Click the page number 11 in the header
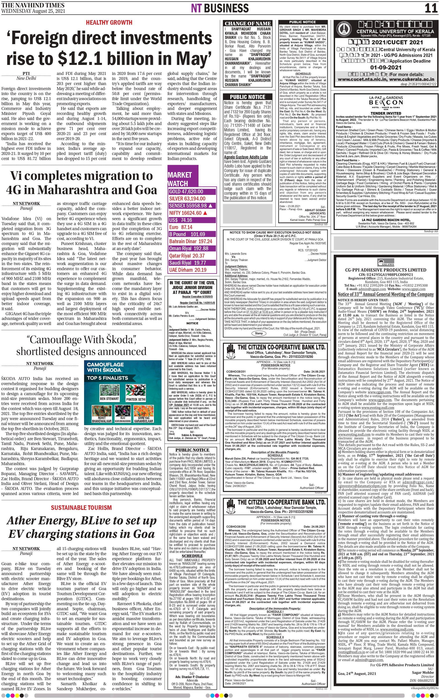pyautogui.click(x=431, y=8)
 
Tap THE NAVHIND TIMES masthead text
pyautogui.click(x=33, y=5)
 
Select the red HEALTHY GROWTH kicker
pyautogui.click(x=109, y=23)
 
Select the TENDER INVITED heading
pyautogui.click(x=386, y=113)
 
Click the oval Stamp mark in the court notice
pyautogui.click(x=259, y=333)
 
